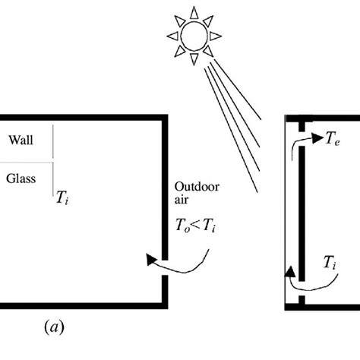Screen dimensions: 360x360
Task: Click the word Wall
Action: pos(21,139)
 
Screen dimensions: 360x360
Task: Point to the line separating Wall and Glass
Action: pos(27,160)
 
